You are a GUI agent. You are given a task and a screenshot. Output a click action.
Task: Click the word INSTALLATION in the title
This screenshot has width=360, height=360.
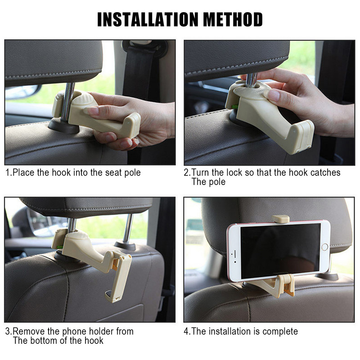point(148,19)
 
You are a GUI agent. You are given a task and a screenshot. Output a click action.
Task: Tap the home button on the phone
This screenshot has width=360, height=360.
point(324,247)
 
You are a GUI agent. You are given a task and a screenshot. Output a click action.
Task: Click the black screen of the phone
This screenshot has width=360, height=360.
point(280,251)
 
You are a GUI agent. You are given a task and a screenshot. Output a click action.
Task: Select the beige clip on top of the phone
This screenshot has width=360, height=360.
point(280,219)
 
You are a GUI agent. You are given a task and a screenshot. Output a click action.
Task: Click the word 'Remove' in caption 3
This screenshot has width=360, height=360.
point(29,331)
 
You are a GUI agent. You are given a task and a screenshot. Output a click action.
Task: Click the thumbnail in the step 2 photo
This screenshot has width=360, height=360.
point(272,95)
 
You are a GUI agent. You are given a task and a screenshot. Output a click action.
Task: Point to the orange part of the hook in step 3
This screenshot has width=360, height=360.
point(115,264)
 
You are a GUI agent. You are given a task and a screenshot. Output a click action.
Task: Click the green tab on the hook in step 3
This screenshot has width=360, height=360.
point(60,247)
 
